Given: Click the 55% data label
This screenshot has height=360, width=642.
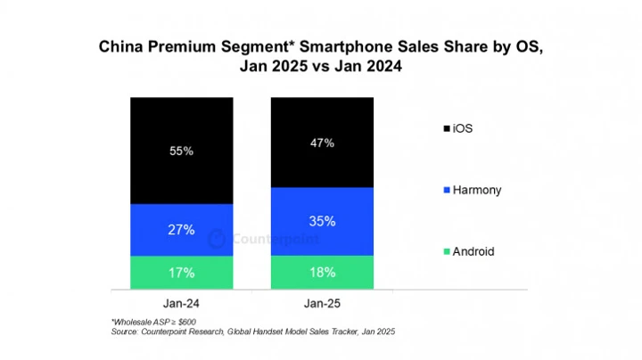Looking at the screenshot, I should (x=181, y=151).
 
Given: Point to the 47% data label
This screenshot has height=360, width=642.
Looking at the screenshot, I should (x=322, y=143).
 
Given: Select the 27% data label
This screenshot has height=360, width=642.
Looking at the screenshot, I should (x=181, y=230).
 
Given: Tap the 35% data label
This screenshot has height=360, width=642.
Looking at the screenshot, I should (x=322, y=221).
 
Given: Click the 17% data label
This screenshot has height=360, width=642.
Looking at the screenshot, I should (x=181, y=273).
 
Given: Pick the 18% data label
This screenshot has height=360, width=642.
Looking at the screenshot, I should (x=322, y=273).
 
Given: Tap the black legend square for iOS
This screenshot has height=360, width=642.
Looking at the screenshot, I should (x=445, y=129).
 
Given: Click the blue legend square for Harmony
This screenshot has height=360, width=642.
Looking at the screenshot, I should (x=445, y=190).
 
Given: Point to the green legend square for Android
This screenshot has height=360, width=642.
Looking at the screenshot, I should (x=445, y=251).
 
